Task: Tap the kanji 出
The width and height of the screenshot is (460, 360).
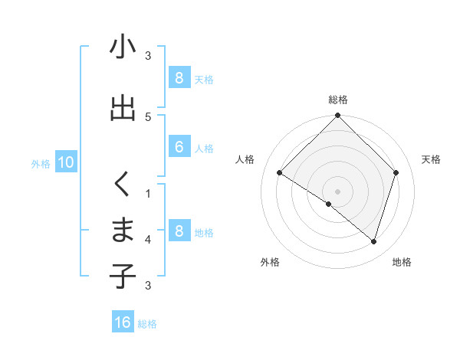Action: [x=123, y=108]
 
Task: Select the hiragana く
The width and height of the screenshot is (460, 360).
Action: [x=123, y=185]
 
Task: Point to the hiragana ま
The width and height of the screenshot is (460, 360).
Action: [x=123, y=231]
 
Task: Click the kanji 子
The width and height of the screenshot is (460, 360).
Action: [x=123, y=277]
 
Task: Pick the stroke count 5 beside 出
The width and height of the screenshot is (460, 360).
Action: [x=148, y=116]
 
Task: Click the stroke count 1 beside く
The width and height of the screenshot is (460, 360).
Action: [x=148, y=193]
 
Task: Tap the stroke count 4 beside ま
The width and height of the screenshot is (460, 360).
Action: [x=148, y=239]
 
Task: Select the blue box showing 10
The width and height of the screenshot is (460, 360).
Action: [x=65, y=162]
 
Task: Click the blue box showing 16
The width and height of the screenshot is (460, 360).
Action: [x=123, y=322]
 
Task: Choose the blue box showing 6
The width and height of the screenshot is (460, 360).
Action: [x=179, y=147]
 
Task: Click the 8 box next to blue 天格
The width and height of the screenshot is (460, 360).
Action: [x=179, y=78]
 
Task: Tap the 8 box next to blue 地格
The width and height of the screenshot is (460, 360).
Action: [x=179, y=231]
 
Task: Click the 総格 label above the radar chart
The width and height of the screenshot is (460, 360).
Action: [x=338, y=100]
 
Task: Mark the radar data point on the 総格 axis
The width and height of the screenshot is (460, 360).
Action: [x=337, y=116]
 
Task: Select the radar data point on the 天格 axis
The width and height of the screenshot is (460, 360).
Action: [x=396, y=172]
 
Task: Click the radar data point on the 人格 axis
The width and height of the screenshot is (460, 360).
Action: [x=279, y=173]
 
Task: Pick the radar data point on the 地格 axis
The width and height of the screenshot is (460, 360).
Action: [x=373, y=241]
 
